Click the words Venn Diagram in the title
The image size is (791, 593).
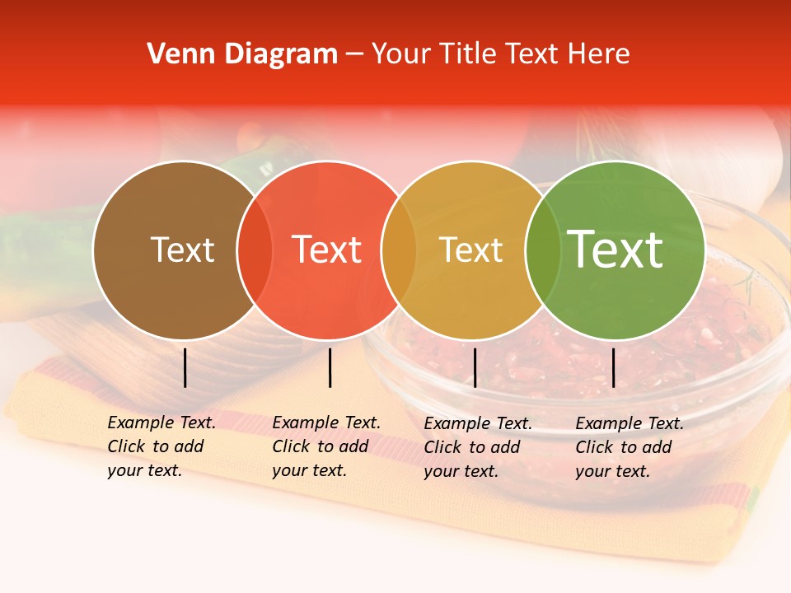(x=242, y=54)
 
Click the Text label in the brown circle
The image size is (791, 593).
(x=182, y=250)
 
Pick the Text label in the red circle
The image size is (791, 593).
(x=326, y=250)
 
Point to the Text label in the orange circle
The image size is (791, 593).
(x=470, y=250)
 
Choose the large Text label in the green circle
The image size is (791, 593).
(x=615, y=250)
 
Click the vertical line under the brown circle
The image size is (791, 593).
(x=185, y=367)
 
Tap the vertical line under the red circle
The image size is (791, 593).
(x=330, y=367)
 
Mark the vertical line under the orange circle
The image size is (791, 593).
(x=475, y=367)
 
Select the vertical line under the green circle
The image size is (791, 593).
(x=613, y=367)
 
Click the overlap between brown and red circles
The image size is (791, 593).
(x=255, y=250)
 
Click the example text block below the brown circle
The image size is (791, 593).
(x=161, y=446)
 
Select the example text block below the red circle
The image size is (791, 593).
(x=326, y=446)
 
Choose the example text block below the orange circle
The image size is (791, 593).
(x=478, y=447)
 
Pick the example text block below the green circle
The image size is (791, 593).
(x=630, y=447)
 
